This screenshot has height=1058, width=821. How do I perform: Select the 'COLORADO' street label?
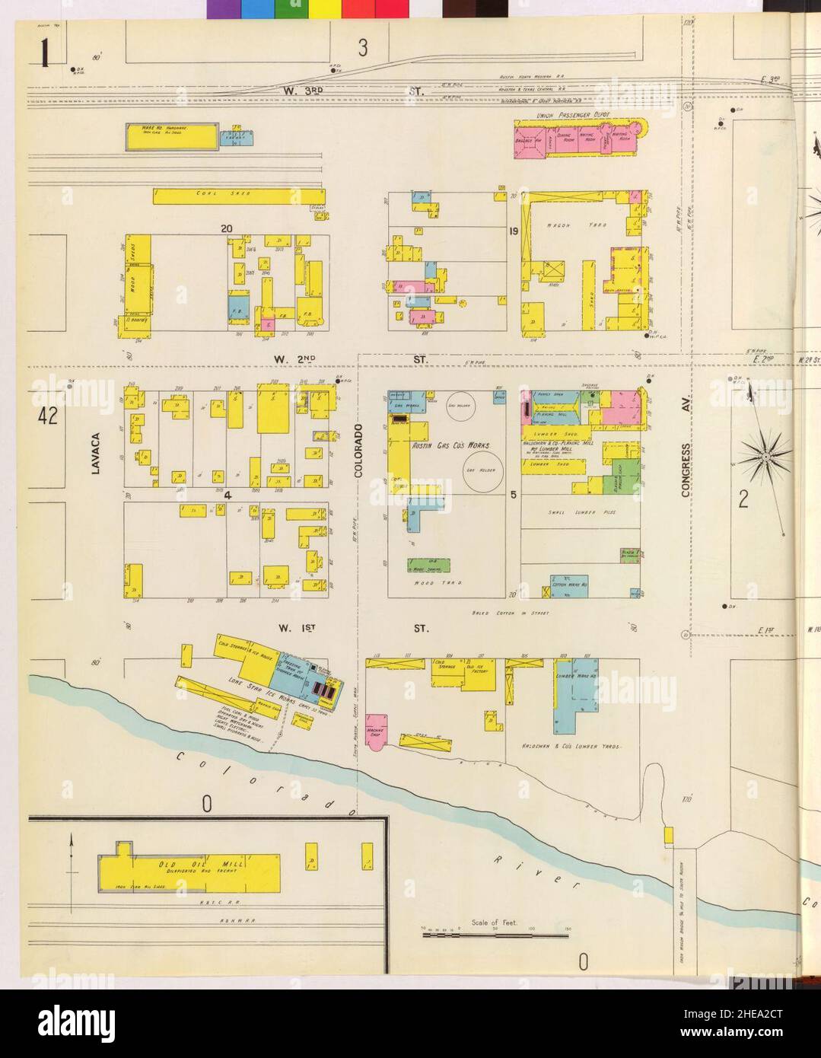(x=361, y=451)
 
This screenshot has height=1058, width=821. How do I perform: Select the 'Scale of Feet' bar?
(x=495, y=933)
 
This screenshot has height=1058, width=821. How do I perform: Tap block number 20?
(x=226, y=228)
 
